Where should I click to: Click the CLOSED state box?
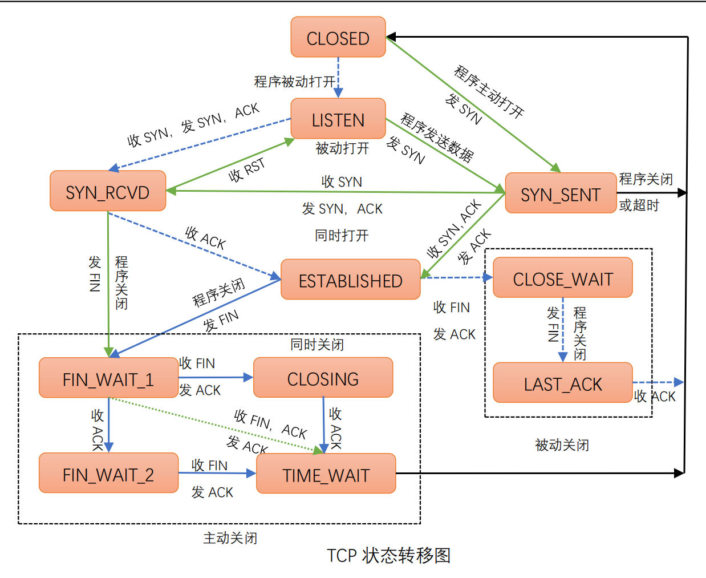tap(338, 38)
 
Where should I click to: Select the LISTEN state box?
tap(338, 119)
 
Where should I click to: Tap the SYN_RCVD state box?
tap(108, 192)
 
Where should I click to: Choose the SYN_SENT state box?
tap(561, 194)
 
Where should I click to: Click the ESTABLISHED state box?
tap(350, 280)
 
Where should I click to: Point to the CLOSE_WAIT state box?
tap(562, 278)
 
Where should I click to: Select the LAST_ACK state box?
tap(562, 383)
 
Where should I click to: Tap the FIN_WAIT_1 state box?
tap(108, 378)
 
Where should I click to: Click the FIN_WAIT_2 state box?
tap(108, 474)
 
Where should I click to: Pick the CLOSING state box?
tap(323, 378)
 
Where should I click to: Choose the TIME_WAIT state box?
tap(326, 474)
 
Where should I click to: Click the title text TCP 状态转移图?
tap(388, 555)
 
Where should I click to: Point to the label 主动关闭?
tap(230, 537)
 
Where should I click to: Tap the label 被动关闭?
tap(562, 444)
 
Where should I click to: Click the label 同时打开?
tap(342, 235)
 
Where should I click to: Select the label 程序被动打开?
tap(294, 82)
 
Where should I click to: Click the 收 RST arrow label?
tap(247, 169)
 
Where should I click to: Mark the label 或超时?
tap(639, 205)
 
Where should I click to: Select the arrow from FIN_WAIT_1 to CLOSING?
tap(216, 377)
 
